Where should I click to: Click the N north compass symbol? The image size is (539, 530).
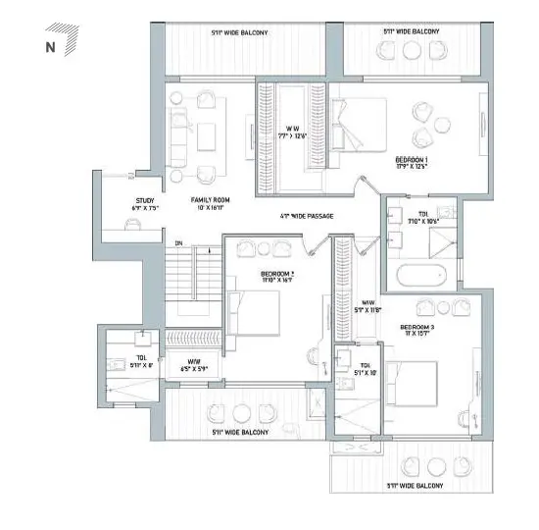[x=50, y=45]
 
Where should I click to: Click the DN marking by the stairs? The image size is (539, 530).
[x=177, y=243]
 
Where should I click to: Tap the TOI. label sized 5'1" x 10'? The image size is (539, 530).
[x=353, y=371]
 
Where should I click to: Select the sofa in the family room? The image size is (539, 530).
[x=178, y=137]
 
